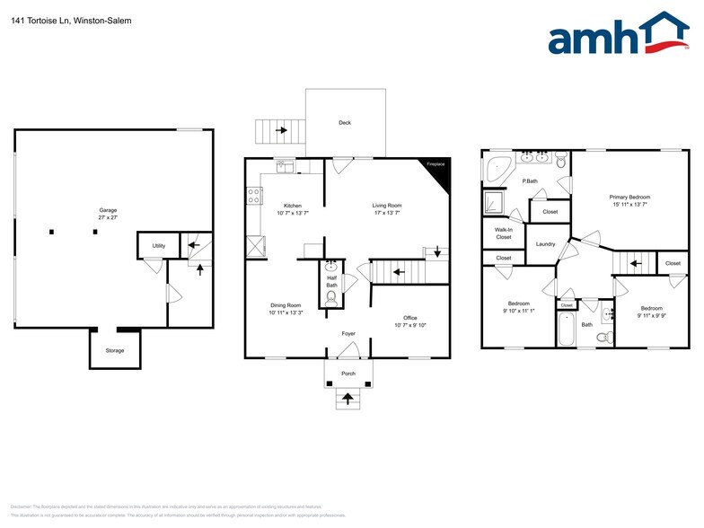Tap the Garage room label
coord(109,210)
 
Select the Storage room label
coord(115,350)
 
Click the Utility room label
coord(158,245)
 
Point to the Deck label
coord(345,123)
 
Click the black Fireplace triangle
coord(437,172)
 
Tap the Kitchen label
coord(293,206)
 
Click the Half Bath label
coord(330,279)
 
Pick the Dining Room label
coord(285,305)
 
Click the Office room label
coord(409,318)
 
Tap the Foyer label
coord(348,333)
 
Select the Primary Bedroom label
coord(629,197)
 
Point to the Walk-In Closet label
coord(504,233)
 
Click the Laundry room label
coord(545,244)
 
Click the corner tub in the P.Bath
coord(497,168)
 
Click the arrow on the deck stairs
coord(281,131)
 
